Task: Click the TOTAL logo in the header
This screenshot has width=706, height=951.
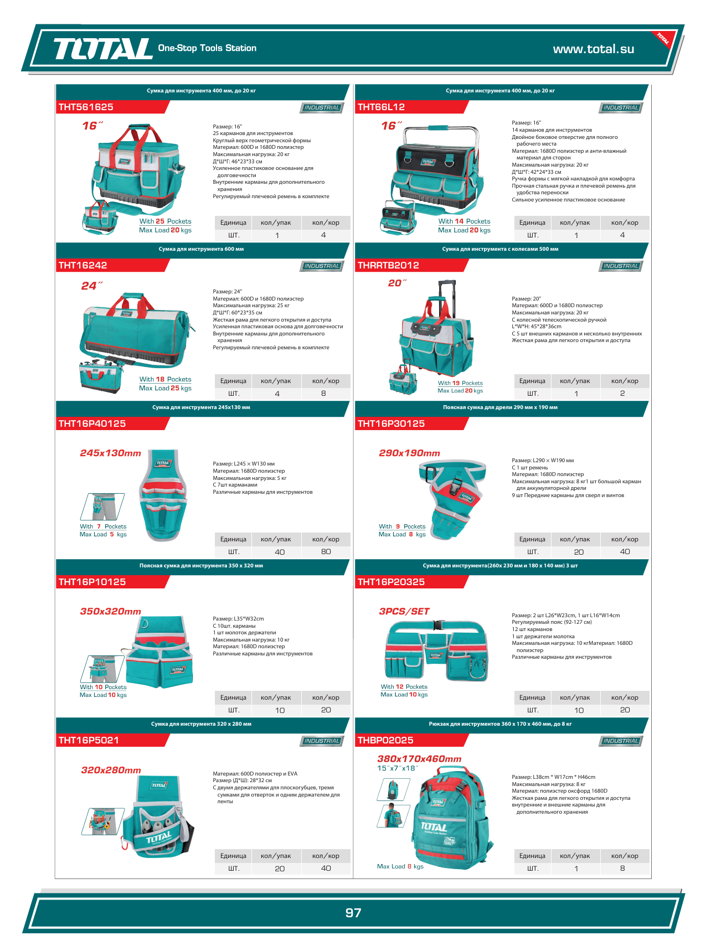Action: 102,49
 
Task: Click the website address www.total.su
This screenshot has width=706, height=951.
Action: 593,49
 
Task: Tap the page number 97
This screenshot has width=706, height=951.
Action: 353,913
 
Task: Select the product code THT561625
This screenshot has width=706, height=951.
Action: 86,107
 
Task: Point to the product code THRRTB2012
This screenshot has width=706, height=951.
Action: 388,266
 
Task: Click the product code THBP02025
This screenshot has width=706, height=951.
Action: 385,741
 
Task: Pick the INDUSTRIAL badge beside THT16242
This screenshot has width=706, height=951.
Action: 322,266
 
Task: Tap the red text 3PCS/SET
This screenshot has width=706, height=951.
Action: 404,612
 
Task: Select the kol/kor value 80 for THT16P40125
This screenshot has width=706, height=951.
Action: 326,552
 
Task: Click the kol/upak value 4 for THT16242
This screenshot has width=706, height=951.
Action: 277,394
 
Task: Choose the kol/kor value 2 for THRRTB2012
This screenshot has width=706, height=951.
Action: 622,394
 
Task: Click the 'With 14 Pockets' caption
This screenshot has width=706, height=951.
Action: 464,221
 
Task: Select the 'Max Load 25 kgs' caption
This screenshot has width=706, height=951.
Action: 165,389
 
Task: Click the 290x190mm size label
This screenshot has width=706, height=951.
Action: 409,453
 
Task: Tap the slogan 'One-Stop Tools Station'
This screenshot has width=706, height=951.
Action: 207,48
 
